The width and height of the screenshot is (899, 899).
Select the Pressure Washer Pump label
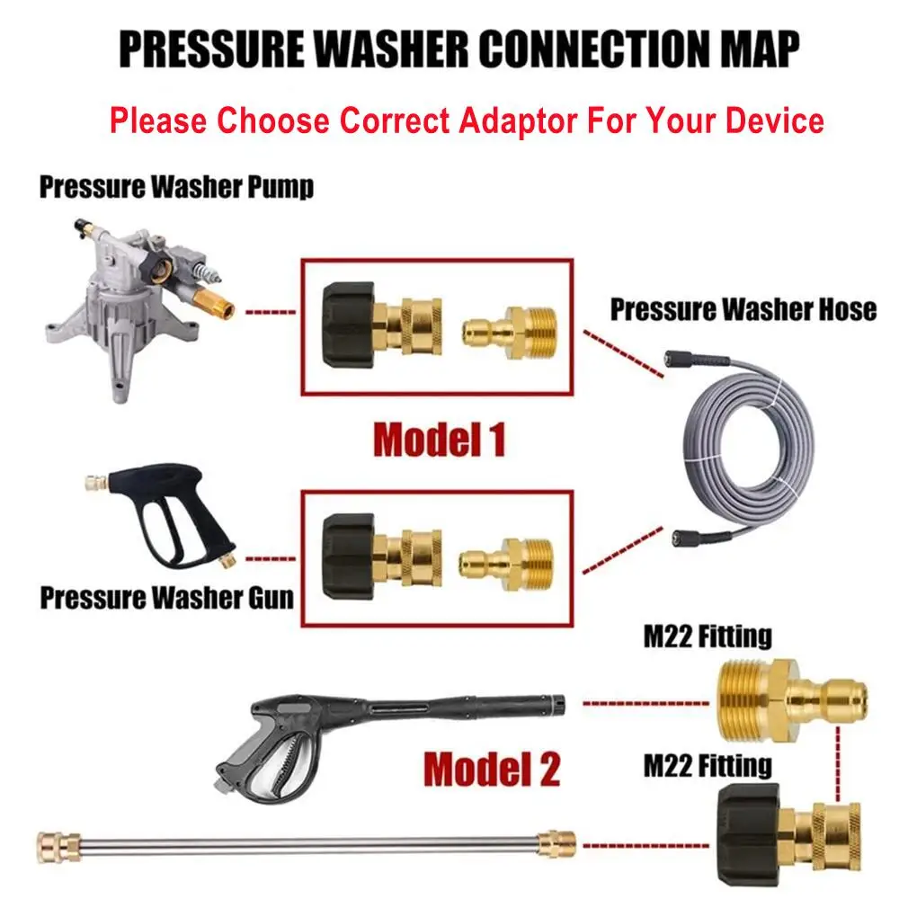pos(176,188)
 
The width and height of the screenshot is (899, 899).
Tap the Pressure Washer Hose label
pos(743,309)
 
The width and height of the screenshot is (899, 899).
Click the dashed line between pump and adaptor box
pos(270,314)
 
